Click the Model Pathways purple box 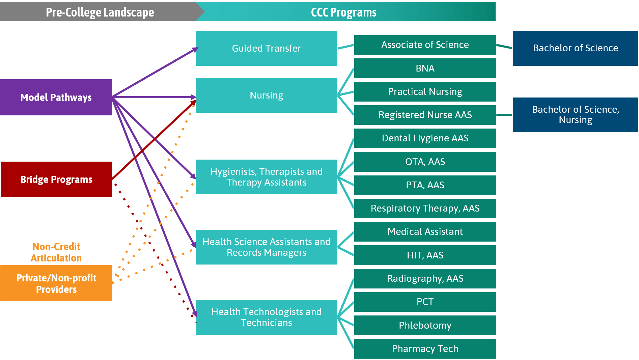click(56, 97)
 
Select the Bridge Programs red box click(56, 179)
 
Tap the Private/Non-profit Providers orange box click(56, 283)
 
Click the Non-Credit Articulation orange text click(56, 252)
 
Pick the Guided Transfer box click(266, 48)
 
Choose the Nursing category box click(266, 95)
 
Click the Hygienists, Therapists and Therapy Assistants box click(266, 177)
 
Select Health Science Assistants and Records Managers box click(266, 247)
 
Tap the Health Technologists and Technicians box click(266, 317)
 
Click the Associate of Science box click(425, 45)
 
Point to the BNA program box click(425, 68)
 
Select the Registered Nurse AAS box click(425, 115)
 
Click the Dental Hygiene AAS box click(425, 138)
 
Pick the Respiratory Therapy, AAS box click(425, 208)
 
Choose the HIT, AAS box click(425, 255)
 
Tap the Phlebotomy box click(425, 325)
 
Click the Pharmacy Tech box click(425, 349)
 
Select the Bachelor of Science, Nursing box click(575, 115)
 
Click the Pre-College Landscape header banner click(100, 12)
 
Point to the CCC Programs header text click(343, 12)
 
